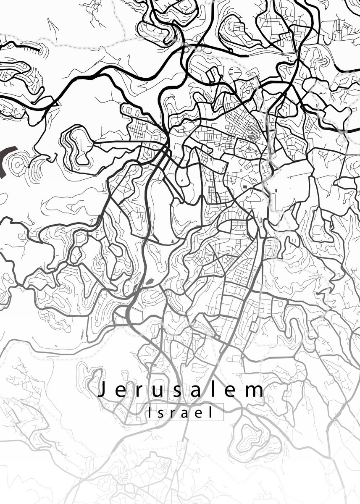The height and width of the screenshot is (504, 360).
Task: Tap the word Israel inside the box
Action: point(180,413)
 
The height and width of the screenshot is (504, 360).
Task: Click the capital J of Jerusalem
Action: point(101,390)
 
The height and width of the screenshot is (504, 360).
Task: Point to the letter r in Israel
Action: point(173,414)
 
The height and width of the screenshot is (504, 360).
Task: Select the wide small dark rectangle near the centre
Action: point(244,185)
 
